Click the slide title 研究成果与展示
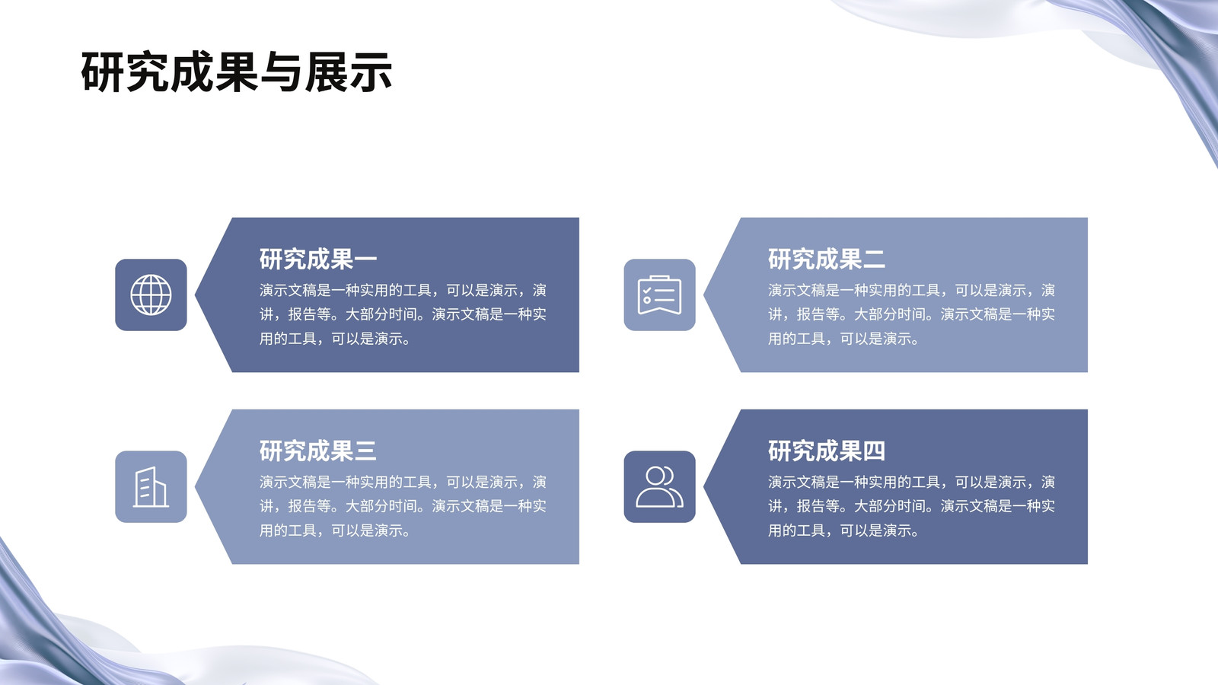pos(237,72)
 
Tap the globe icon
pos(151,295)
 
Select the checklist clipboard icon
pos(659,295)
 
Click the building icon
pos(151,486)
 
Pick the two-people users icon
pos(659,486)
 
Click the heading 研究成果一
pos(318,259)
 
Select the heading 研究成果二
pos(827,259)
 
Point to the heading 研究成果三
pos(318,451)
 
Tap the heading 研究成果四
pos(827,451)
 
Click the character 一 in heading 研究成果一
pos(365,260)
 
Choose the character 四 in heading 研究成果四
pos(875,451)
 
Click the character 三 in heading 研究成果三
pos(365,451)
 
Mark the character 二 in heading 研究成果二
pos(875,260)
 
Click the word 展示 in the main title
pos(348,72)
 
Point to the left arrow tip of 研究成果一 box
pos(195,295)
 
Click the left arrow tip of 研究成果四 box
pos(703,486)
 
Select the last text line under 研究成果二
pos(843,339)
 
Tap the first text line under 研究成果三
pos(403,483)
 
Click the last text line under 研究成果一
pos(335,339)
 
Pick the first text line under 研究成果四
pos(911,483)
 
